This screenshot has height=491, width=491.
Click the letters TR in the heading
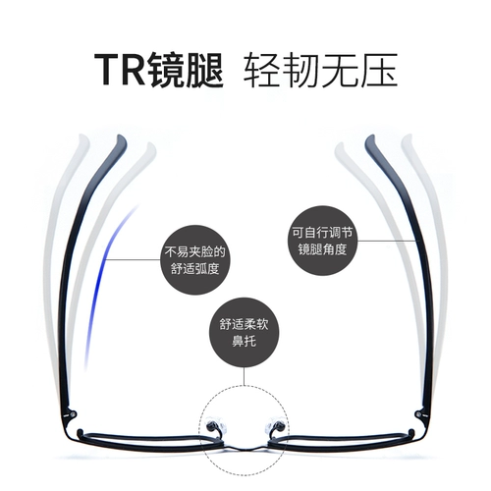(x=120, y=70)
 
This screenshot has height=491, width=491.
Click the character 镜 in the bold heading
(x=166, y=70)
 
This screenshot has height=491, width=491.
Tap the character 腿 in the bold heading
(x=205, y=70)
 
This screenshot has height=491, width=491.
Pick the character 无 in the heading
(x=340, y=70)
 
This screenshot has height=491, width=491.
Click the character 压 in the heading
(x=379, y=70)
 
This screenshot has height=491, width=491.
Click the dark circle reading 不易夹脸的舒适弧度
(x=195, y=260)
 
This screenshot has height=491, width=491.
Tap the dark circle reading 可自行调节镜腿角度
(x=322, y=241)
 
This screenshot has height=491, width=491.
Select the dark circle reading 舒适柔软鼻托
(x=244, y=333)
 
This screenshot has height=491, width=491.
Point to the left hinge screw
(x=74, y=414)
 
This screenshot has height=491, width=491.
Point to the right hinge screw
(x=417, y=414)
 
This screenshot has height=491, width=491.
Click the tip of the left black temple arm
(x=121, y=136)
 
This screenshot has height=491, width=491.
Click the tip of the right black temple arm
(x=370, y=136)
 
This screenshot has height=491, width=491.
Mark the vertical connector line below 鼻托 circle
(x=244, y=376)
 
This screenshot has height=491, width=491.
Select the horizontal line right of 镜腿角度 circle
(x=388, y=242)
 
